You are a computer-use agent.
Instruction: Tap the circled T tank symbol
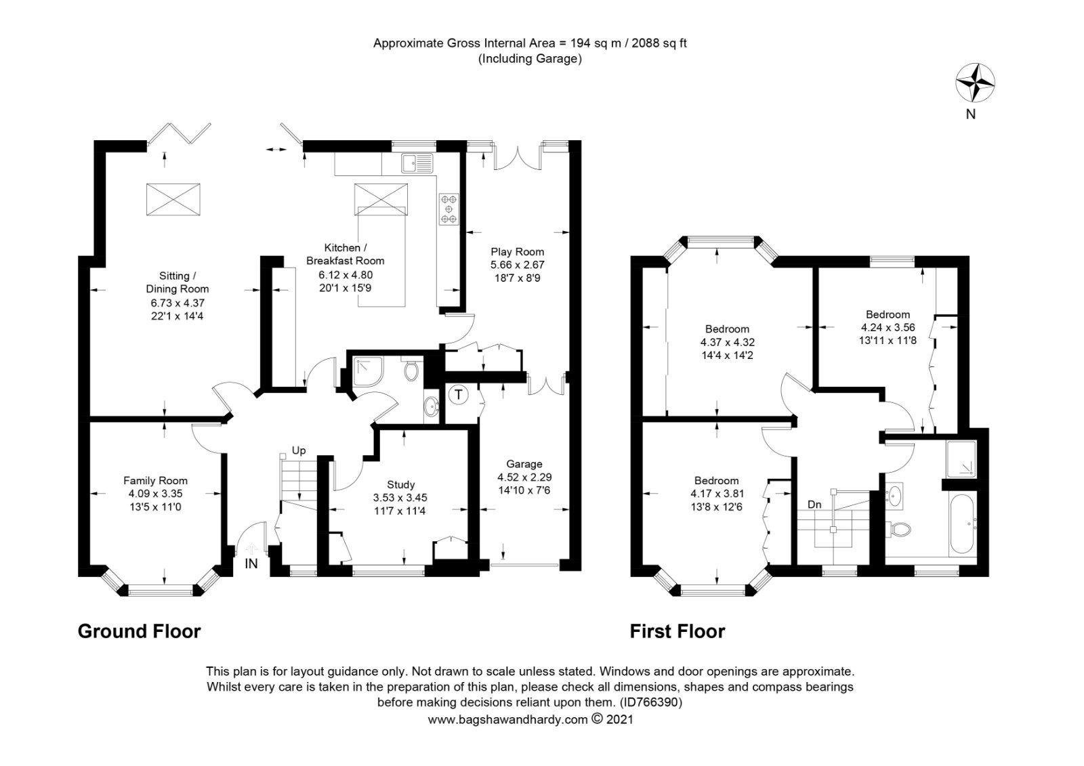459,395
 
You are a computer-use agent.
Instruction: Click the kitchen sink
417,163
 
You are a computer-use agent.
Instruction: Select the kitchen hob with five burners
449,209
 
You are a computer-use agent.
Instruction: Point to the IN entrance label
251,563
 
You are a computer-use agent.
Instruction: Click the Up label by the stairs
299,450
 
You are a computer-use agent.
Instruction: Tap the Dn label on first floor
814,504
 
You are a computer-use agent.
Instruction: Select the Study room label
400,484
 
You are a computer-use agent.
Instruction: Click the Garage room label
524,464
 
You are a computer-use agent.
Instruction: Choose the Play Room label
518,252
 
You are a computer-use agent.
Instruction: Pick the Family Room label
155,480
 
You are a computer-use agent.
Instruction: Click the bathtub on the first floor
961,524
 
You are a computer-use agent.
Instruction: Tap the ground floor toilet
411,368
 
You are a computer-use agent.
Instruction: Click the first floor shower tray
961,459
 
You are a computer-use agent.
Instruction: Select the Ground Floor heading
140,631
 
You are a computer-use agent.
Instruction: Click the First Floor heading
677,631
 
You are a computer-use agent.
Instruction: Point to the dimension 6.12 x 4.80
346,275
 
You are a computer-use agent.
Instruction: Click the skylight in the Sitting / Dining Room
173,199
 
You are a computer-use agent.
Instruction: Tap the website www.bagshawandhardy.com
507,719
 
